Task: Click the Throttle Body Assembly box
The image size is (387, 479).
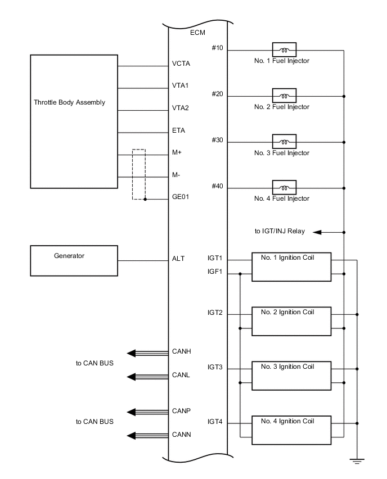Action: (74, 121)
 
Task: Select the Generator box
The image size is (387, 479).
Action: (74, 260)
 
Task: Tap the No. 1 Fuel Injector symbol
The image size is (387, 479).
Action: (284, 49)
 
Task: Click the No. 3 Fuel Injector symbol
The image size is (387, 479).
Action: (284, 142)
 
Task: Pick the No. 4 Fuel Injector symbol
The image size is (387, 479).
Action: (284, 188)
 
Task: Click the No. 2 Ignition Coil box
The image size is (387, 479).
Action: (291, 322)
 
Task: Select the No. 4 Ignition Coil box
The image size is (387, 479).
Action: (291, 431)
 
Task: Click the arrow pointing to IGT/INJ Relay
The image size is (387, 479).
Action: (317, 232)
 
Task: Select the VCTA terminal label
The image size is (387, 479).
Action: (181, 64)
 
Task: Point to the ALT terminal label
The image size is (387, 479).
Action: (178, 260)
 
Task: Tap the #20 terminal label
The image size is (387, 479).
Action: (217, 94)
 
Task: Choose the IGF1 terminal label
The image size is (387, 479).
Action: (215, 272)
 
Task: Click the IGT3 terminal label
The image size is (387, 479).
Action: (215, 367)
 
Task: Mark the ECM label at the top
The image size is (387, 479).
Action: (197, 33)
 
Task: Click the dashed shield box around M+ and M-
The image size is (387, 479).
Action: (138, 174)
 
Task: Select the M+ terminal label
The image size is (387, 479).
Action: (177, 153)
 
